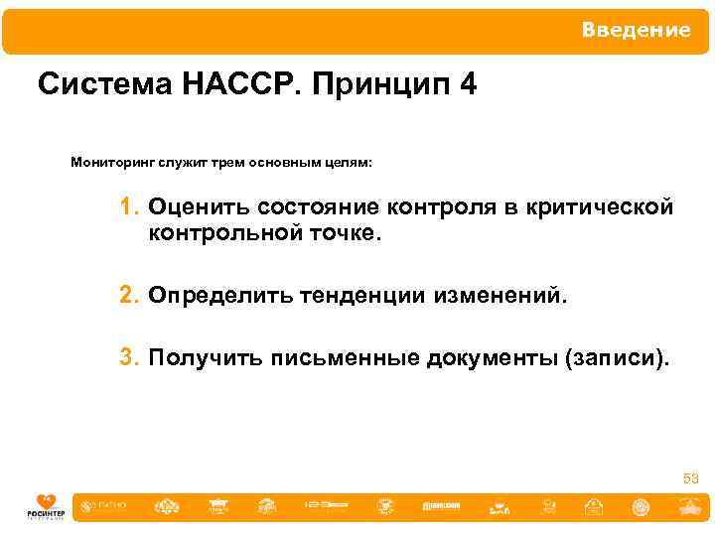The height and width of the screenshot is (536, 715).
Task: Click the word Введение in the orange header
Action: pyautogui.click(x=636, y=31)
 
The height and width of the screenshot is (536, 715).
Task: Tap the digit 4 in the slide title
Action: pyautogui.click(x=468, y=85)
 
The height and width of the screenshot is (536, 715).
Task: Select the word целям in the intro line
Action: pyautogui.click(x=349, y=162)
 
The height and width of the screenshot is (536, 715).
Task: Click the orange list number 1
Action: pyautogui.click(x=129, y=208)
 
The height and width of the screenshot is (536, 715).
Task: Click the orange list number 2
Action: pyautogui.click(x=129, y=296)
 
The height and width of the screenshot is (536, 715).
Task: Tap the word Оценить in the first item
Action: pyautogui.click(x=199, y=208)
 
